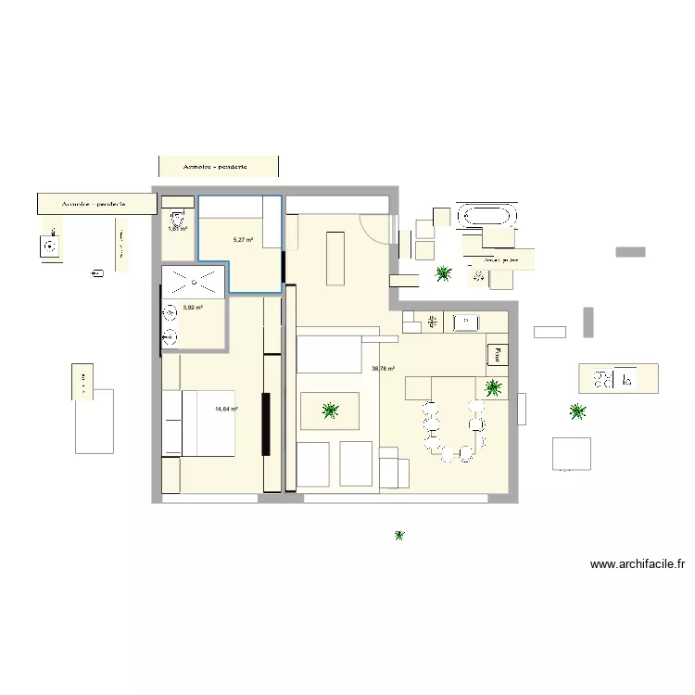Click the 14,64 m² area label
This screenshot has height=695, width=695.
226,409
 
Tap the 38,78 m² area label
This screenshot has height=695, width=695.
383,369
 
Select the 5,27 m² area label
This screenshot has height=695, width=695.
243,240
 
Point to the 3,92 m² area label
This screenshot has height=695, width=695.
193,308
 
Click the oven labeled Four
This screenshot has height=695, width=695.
498,353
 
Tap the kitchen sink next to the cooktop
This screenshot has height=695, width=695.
464,322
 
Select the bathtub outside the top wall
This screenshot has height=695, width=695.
487,216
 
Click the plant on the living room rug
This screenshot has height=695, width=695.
328,411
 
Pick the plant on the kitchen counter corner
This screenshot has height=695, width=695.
493,387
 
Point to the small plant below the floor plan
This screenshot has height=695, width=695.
399,536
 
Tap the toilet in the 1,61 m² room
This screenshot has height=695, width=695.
173,219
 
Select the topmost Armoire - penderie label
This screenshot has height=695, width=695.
217,167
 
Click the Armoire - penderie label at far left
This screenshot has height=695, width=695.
94,204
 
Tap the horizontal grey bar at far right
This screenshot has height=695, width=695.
630,251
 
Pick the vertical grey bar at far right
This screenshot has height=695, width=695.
588,322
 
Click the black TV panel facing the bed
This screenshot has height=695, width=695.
265,424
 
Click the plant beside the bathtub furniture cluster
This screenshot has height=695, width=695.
444,272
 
